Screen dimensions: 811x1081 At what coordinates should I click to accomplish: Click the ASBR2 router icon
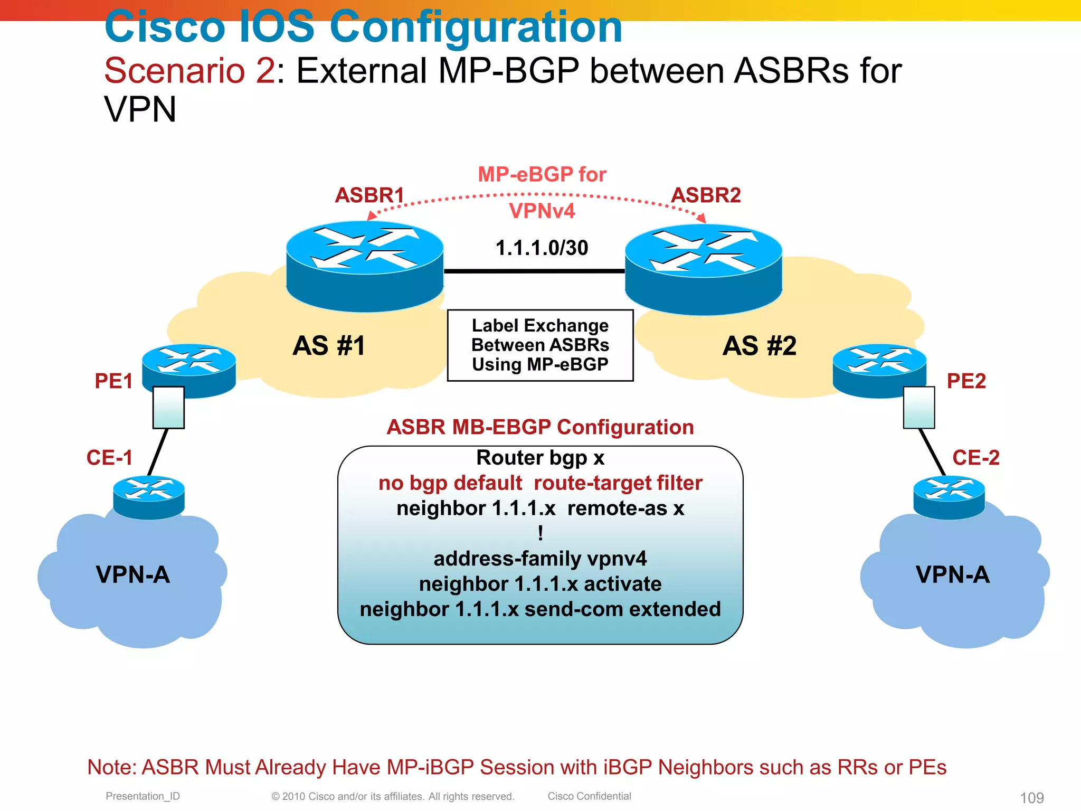pos(703,269)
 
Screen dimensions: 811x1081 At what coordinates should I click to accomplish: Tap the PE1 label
pos(113,381)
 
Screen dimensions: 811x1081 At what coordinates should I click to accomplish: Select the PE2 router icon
pos(879,370)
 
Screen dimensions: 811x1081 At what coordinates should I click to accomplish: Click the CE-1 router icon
pos(149,497)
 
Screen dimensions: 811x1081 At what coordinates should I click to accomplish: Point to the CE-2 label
pos(975,457)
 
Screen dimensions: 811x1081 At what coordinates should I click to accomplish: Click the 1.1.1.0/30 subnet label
pos(542,248)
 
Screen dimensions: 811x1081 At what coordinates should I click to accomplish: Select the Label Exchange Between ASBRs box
pos(540,345)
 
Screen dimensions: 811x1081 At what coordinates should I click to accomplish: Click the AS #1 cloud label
pos(329,346)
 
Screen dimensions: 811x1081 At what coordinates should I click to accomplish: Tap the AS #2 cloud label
pos(759,346)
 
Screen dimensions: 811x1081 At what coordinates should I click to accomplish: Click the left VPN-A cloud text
pos(133,574)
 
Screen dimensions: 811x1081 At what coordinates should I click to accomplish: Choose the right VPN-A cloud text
pos(953,574)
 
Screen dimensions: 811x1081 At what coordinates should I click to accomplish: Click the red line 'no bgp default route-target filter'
pos(540,483)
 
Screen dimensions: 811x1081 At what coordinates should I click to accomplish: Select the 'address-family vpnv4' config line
pos(540,559)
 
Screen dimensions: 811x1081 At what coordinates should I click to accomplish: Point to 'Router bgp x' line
pos(540,458)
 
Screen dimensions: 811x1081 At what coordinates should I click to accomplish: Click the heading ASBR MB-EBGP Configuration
pos(540,427)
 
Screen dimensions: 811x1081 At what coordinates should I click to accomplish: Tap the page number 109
pos(1032,797)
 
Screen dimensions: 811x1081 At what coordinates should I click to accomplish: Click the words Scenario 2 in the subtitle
pos(189,70)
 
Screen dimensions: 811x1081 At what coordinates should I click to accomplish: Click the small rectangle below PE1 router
pos(168,407)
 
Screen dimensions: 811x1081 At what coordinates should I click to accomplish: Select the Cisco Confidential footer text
pos(589,796)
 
